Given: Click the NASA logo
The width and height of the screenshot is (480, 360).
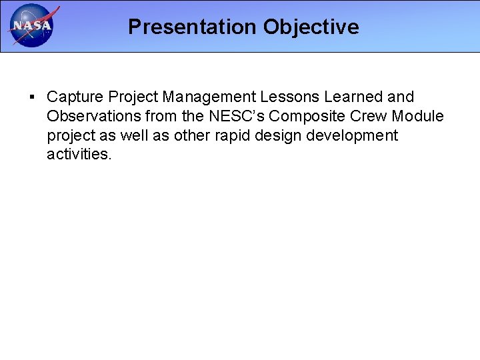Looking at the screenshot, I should click(31, 26).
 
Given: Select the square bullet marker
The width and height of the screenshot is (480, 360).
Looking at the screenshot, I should click(33, 97).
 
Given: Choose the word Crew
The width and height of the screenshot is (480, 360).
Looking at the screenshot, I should click(371, 117).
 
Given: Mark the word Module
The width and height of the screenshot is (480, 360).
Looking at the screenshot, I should click(418, 117).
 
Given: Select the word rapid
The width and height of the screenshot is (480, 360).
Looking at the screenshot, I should click(235, 136).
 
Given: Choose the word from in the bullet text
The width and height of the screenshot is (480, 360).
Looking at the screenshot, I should click(160, 117).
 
